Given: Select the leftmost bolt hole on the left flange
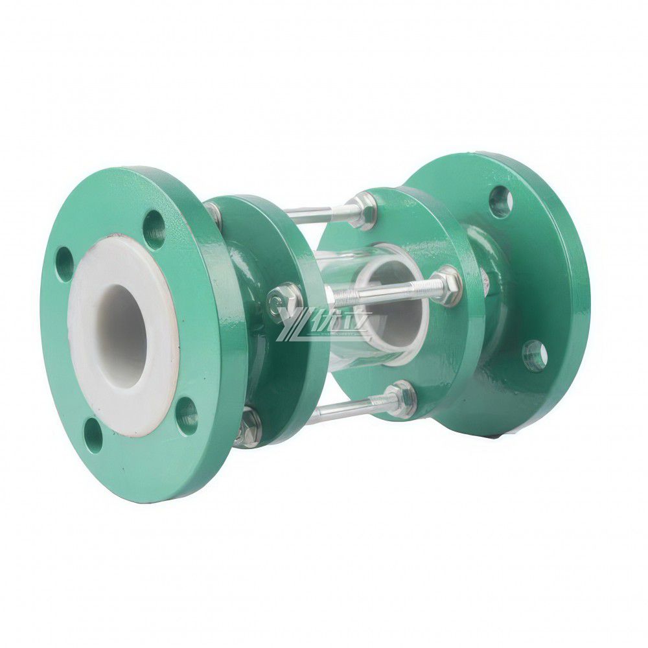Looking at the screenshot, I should (65, 264).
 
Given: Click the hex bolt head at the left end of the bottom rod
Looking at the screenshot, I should (248, 428).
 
